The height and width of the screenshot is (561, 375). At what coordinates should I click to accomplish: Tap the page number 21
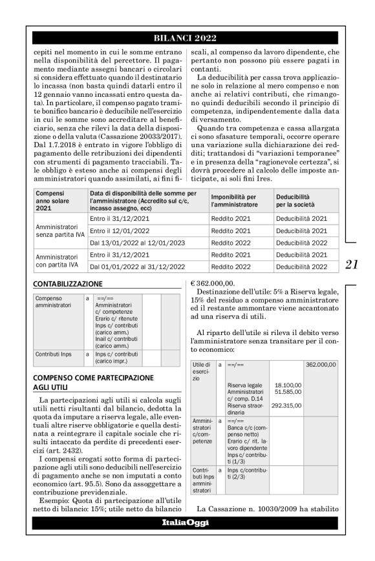[352, 263]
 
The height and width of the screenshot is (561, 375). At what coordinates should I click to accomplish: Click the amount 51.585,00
[288, 391]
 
